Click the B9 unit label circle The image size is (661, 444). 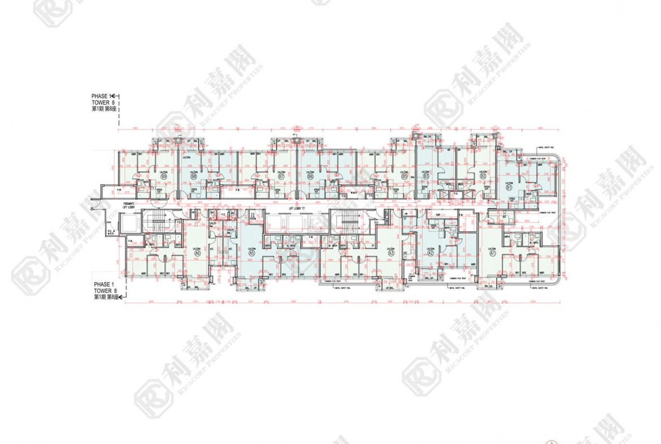164,176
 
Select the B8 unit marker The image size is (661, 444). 194,176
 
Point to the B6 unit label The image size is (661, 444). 310,176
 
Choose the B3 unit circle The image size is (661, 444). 426,176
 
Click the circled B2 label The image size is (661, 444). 483,176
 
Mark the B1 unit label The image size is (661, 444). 508,187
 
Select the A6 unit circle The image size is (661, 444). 198,254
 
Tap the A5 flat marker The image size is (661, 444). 251,254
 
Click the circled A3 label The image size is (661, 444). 391,254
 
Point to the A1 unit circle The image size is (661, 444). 492,254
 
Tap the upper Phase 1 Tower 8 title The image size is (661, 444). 104,102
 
